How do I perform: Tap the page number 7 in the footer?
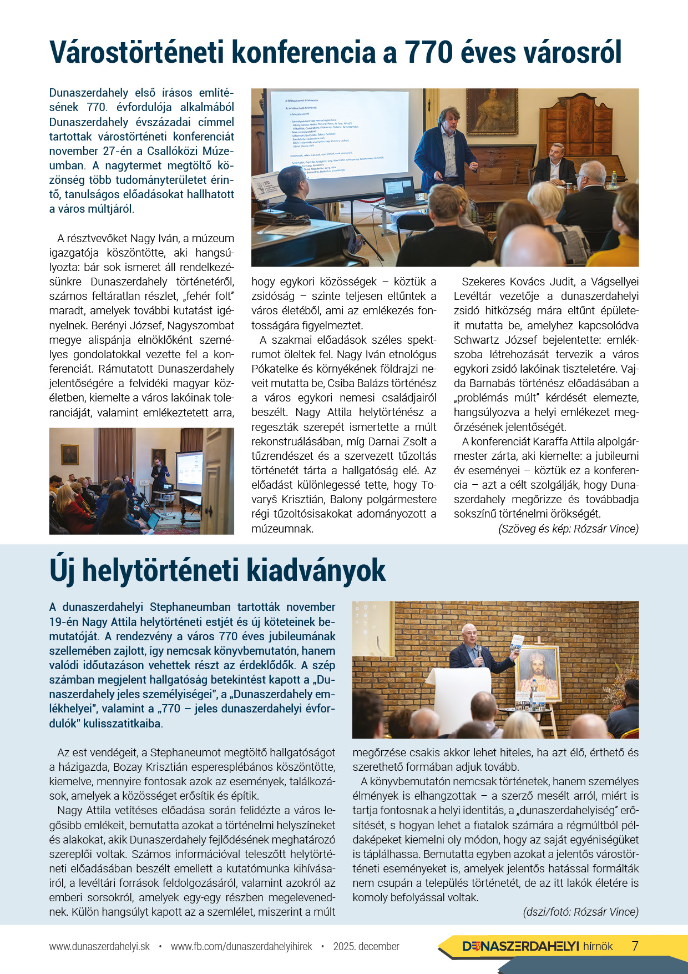pyautogui.click(x=635, y=946)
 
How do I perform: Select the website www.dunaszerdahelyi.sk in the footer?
pyautogui.click(x=99, y=946)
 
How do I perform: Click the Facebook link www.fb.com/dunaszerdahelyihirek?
pyautogui.click(x=241, y=946)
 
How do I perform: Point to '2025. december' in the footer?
pyautogui.click(x=366, y=946)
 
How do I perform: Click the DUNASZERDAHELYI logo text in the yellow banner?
pyautogui.click(x=521, y=946)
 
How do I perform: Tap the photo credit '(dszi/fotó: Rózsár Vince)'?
pyautogui.click(x=580, y=912)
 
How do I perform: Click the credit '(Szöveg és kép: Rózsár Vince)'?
pyautogui.click(x=568, y=529)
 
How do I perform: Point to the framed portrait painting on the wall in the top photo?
pyautogui.click(x=492, y=111)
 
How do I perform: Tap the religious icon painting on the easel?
pyautogui.click(x=537, y=672)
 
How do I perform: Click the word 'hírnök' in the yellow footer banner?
pyautogui.click(x=598, y=946)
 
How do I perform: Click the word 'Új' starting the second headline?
pyautogui.click(x=62, y=571)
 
